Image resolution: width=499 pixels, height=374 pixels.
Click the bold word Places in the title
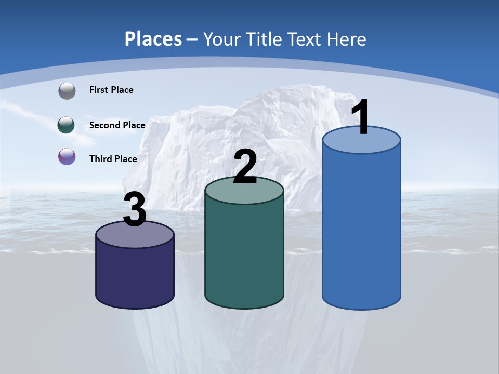[153, 39]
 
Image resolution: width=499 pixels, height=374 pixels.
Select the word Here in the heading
[348, 39]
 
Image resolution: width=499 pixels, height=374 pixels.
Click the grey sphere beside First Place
[67, 91]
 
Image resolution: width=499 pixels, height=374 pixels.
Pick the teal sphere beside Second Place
[67, 125]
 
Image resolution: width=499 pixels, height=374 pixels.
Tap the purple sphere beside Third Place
[67, 156]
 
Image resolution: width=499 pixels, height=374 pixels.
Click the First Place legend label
[111, 90]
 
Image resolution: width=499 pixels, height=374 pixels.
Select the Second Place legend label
[117, 125]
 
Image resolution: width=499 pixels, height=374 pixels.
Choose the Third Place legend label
[113, 159]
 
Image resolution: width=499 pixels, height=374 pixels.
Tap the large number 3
[135, 209]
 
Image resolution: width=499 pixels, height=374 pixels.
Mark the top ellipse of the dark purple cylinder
[135, 235]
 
